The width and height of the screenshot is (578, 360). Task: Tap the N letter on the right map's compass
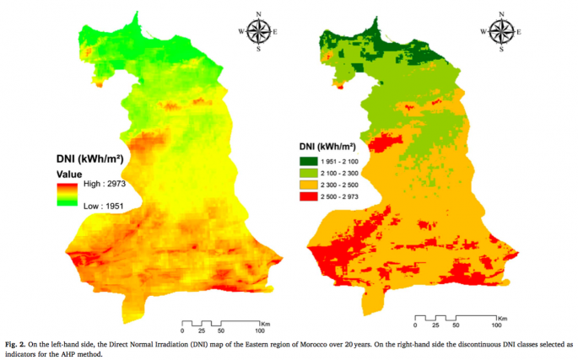pyautogui.click(x=503, y=13)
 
